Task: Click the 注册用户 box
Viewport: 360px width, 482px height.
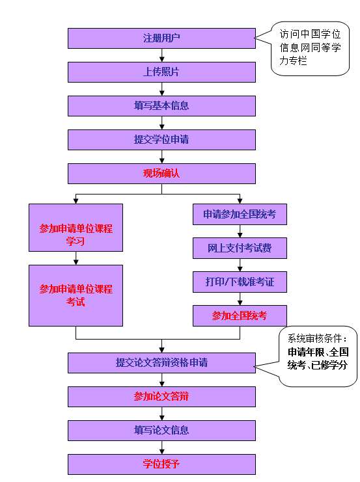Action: coord(161,38)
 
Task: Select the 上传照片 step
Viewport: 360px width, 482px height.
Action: coord(161,72)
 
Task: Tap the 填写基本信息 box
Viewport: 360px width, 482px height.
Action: coord(161,106)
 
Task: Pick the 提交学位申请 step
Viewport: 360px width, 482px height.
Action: coord(161,140)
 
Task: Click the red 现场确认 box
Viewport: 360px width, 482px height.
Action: coord(161,174)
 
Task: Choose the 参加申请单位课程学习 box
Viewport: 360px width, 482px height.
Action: coord(76,228)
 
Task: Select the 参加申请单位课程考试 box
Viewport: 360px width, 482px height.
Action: coord(76,295)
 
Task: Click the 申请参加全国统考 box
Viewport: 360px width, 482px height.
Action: coord(240,214)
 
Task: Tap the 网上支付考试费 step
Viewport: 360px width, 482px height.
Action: coord(240,248)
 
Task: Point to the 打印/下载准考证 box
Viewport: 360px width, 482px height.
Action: coord(240,282)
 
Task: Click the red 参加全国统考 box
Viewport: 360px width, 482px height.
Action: coord(240,315)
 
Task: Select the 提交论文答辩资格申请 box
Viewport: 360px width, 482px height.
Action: coord(161,363)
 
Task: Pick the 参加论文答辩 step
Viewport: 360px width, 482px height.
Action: coord(161,397)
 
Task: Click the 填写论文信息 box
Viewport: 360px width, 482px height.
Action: coord(161,431)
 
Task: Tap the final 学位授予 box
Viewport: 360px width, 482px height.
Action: coord(161,464)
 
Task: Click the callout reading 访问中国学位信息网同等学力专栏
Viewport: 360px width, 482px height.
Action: coord(310,48)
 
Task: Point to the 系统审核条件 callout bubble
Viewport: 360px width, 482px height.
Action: coord(318,356)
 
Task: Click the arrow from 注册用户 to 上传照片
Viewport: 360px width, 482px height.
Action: coord(162,55)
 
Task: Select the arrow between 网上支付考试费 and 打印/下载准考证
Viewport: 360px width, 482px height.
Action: coord(240,265)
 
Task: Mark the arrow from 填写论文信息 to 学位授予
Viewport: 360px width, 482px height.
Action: coord(162,448)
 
